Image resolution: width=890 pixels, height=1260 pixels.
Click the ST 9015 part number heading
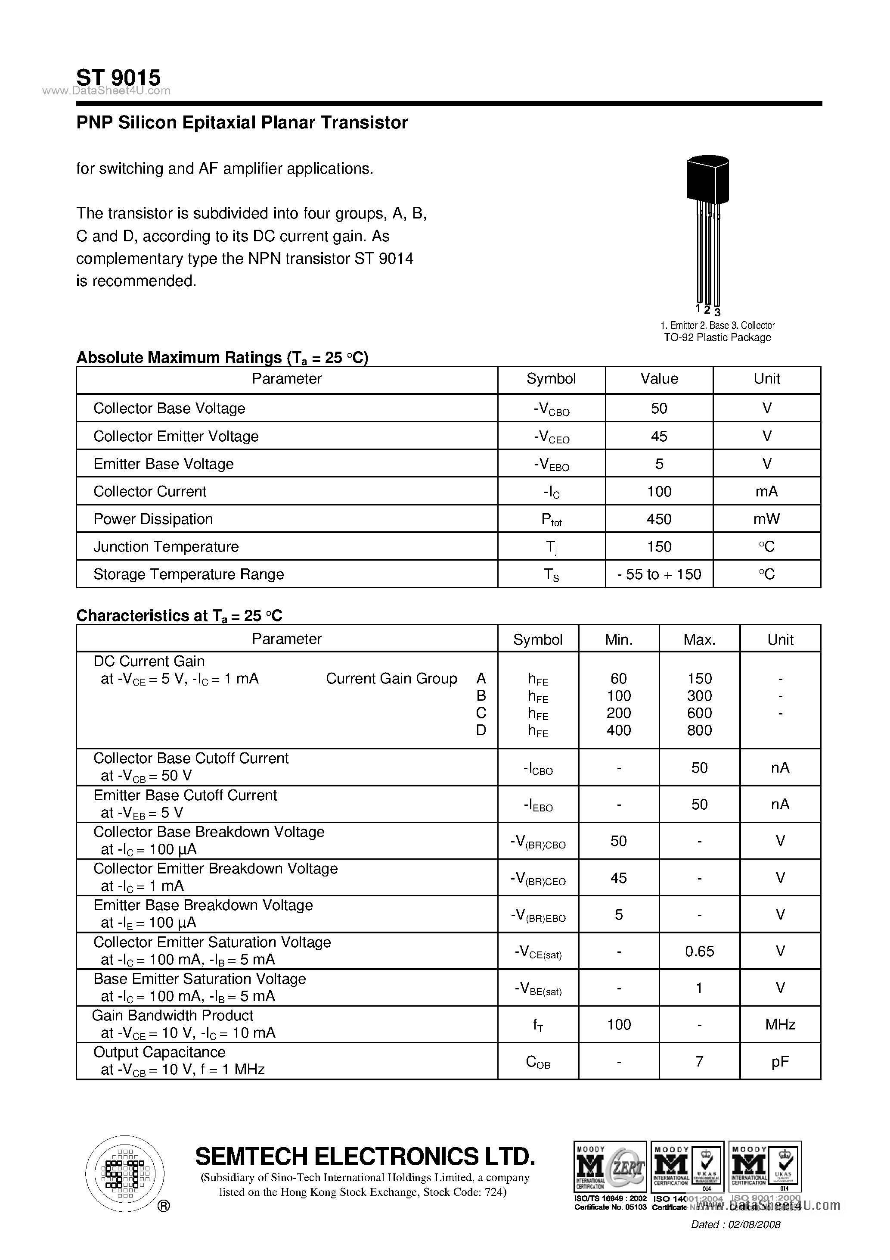[118, 78]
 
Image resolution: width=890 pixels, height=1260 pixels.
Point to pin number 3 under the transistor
[717, 313]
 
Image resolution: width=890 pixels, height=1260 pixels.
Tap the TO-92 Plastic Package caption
[717, 337]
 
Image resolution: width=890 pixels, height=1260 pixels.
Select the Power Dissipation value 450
[659, 519]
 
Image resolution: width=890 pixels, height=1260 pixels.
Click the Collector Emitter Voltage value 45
[659, 436]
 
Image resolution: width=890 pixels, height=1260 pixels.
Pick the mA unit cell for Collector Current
[766, 492]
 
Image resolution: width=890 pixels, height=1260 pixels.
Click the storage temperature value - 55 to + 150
[659, 574]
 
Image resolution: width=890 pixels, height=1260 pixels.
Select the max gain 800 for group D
[699, 730]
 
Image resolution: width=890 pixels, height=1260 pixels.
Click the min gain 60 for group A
[619, 679]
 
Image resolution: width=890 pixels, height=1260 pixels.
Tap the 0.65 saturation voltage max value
[699, 951]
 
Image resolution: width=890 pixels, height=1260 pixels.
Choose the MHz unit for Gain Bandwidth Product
[780, 1025]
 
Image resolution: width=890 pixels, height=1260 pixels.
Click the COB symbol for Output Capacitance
[538, 1062]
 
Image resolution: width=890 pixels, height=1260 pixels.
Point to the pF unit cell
[780, 1061]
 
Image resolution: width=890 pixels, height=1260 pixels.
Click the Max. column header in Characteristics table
[699, 639]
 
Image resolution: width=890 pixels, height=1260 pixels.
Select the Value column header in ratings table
[659, 379]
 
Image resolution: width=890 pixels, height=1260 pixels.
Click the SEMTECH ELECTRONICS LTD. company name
[365, 1156]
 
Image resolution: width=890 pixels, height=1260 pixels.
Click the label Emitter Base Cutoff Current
[185, 795]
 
